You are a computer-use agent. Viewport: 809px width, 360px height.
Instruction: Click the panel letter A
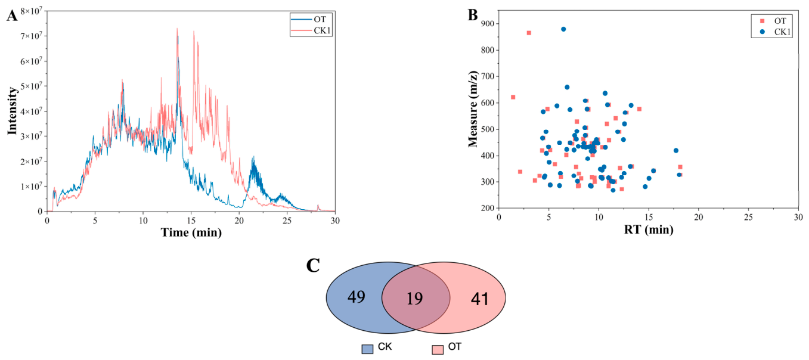pos(12,16)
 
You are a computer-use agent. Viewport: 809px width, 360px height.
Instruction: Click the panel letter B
pos(473,15)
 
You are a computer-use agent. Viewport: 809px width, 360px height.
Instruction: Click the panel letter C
pos(313,266)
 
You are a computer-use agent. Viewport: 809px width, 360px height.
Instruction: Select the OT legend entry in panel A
pos(311,20)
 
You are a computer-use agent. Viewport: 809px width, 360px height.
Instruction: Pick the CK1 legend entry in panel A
pos(311,30)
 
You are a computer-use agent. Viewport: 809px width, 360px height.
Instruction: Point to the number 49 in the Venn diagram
pos(357,297)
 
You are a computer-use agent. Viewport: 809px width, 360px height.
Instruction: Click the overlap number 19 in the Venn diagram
pos(414,299)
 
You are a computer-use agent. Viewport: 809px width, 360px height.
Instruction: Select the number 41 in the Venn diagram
pos(480,299)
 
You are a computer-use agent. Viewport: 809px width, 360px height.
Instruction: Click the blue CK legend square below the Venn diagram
pos(367,349)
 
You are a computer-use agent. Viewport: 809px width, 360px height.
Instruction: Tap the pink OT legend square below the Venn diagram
pos(438,349)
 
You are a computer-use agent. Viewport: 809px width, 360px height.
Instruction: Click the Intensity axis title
pos(13,111)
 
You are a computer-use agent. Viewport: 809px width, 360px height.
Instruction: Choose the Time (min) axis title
pos(191,232)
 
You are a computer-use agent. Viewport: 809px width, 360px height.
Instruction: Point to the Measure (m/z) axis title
pos(473,108)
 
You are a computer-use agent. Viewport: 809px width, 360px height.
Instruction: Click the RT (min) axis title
pos(649,229)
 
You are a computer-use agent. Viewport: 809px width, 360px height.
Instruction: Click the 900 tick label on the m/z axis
pos(488,24)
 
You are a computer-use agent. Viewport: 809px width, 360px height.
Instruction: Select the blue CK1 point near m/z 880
pos(563,29)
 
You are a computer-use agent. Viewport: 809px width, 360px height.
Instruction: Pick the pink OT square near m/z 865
pos(529,33)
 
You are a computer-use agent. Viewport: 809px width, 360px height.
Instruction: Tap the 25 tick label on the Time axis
pos(287,221)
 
